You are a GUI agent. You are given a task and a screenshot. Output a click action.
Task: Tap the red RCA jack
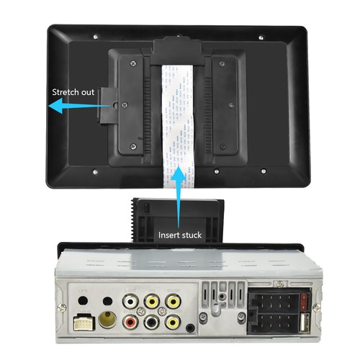(131, 318)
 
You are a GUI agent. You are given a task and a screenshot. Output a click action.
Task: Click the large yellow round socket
(108, 319)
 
